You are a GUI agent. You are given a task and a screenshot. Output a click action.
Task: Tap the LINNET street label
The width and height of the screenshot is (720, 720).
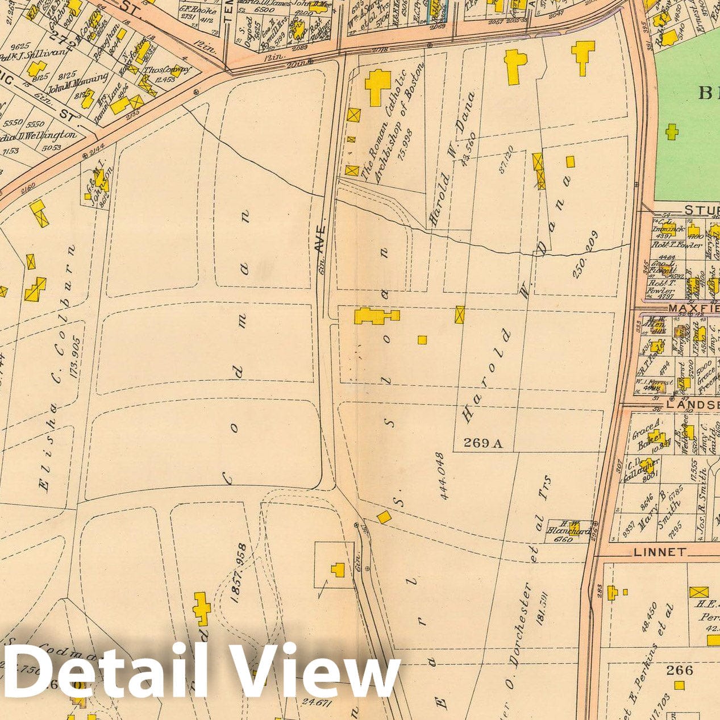660,552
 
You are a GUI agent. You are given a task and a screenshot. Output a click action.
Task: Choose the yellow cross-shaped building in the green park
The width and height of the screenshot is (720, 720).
672,132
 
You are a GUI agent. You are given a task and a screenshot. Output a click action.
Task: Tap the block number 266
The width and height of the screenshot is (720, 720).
680,670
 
